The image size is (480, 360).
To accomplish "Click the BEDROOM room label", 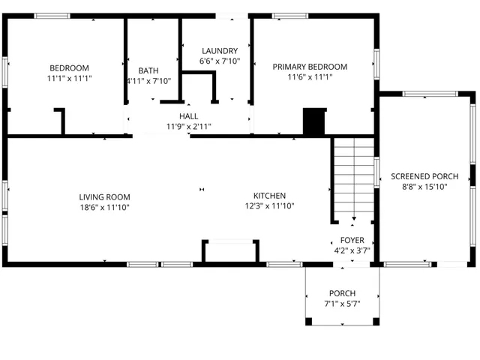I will [x=69, y=67].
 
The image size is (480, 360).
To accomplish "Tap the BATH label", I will [x=148, y=70].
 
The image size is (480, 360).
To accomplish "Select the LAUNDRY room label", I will [x=220, y=51].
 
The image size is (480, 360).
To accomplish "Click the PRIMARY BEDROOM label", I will [x=310, y=67].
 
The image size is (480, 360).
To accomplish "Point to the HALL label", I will [x=188, y=116].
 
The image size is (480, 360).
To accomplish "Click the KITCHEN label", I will [x=269, y=196].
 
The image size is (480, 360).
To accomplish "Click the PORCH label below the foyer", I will [x=342, y=293].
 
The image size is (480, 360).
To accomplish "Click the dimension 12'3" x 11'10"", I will [x=269, y=206].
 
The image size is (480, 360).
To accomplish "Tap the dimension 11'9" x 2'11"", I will [x=188, y=126].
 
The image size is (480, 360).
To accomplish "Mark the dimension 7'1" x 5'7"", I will [x=342, y=304].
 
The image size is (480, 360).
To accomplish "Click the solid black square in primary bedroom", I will [x=313, y=121].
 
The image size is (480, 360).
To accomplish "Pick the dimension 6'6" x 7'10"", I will [x=220, y=61].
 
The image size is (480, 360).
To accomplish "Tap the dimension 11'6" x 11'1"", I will [x=310, y=76].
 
